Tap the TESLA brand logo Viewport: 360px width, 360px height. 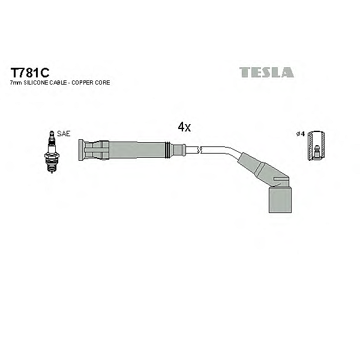pyautogui.click(x=266, y=73)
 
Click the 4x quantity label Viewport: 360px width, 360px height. pyautogui.click(x=184, y=127)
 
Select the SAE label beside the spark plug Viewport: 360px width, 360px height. pyautogui.click(x=63, y=133)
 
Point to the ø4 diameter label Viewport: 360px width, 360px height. pyautogui.click(x=302, y=133)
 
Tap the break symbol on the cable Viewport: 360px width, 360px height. pyautogui.click(x=202, y=150)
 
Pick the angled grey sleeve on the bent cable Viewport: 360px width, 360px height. pyautogui.click(x=258, y=167)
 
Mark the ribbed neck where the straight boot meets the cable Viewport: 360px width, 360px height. pyautogui.click(x=176, y=149)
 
